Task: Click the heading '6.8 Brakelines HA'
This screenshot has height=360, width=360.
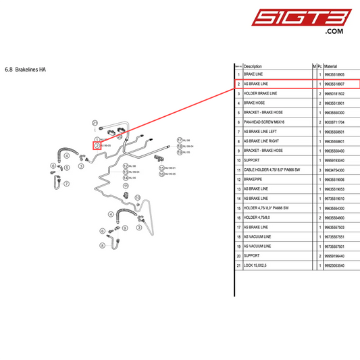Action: (25, 69)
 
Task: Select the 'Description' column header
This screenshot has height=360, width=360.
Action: (253, 66)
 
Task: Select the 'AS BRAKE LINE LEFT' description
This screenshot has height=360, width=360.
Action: (261, 131)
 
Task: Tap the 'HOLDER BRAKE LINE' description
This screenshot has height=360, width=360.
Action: (260, 93)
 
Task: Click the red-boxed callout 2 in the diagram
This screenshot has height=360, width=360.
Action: (97, 145)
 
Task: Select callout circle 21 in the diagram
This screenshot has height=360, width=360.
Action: (95, 123)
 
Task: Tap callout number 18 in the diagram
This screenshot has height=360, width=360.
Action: (180, 145)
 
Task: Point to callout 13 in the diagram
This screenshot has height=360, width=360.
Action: (125, 172)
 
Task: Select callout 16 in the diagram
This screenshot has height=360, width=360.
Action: (162, 174)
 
